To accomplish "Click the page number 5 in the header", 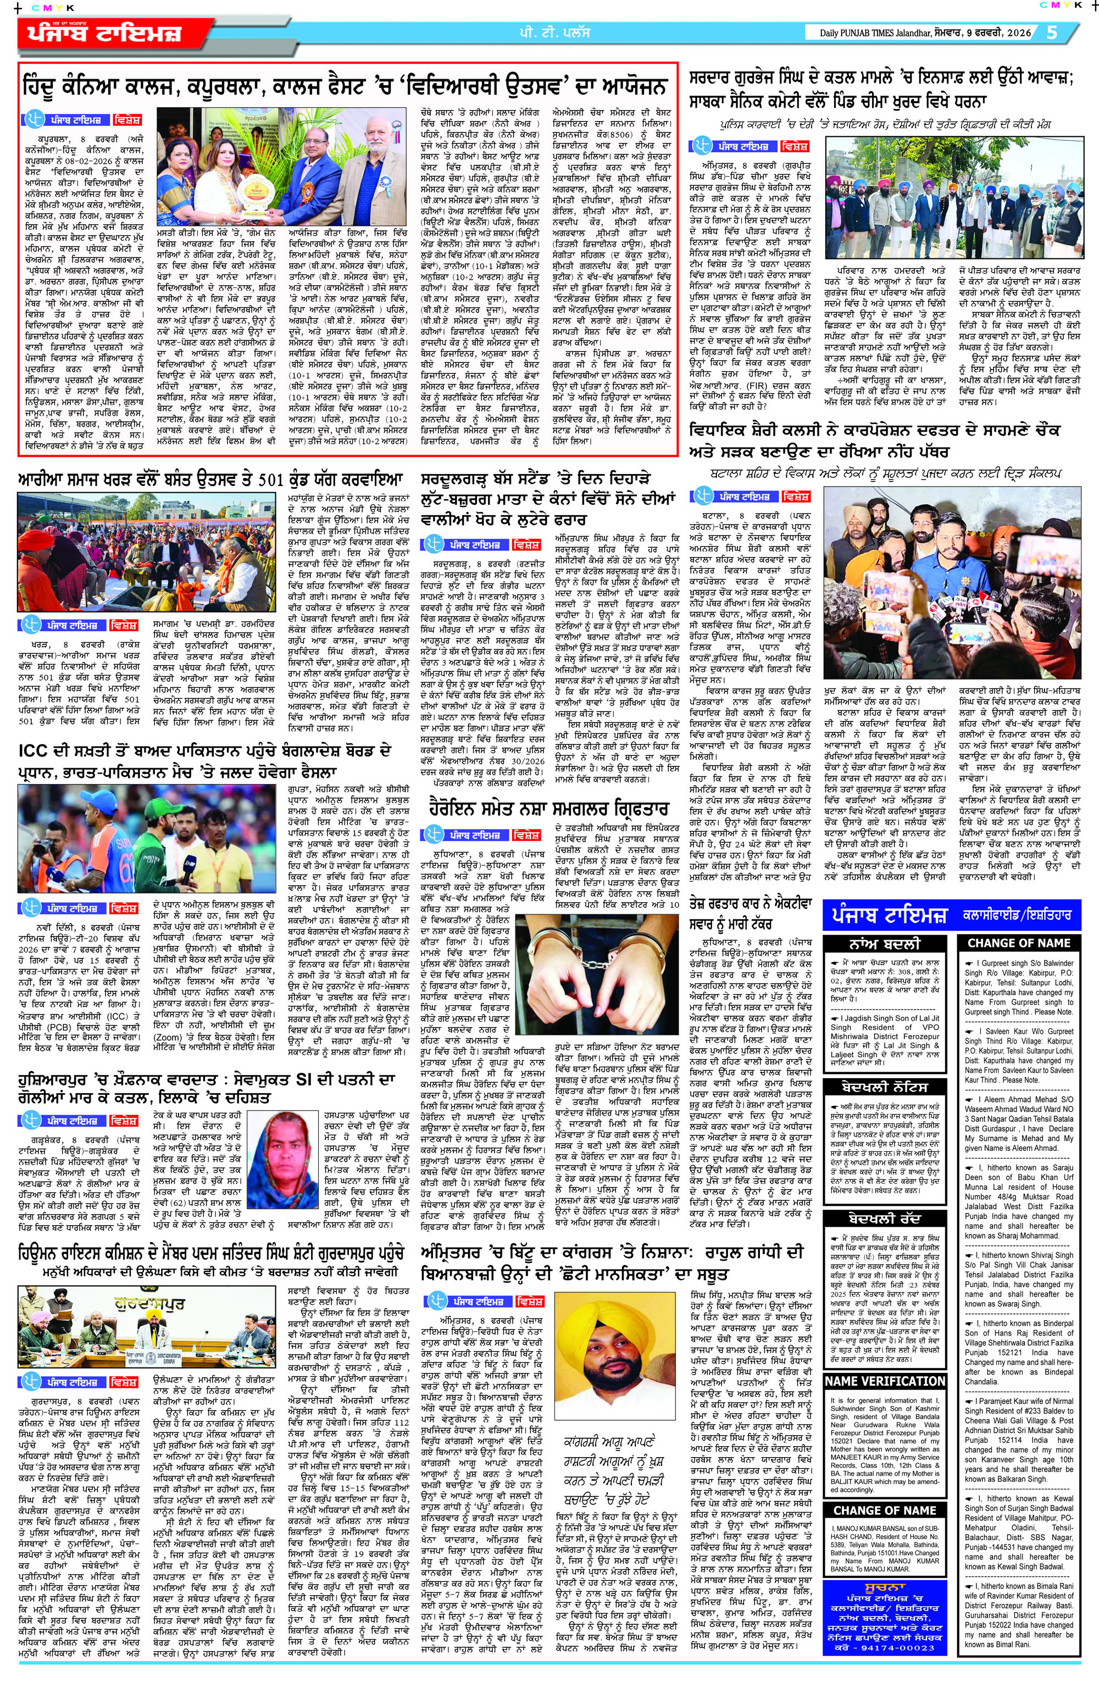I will click(x=1052, y=32).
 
